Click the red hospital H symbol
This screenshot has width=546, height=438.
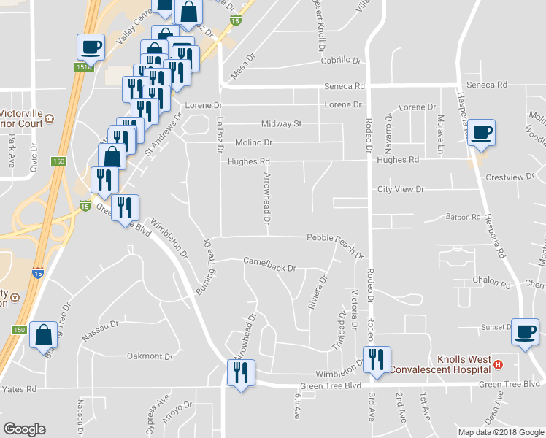click(x=499, y=364)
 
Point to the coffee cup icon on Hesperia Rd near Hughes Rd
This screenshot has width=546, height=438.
click(x=481, y=133)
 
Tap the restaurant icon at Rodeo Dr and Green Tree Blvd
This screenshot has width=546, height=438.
click(x=377, y=360)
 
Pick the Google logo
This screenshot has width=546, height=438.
click(x=25, y=429)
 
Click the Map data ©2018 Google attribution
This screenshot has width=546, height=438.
click(x=500, y=432)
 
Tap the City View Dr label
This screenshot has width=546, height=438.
click(x=401, y=189)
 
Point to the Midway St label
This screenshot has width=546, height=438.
click(x=282, y=124)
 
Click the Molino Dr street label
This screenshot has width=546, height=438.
click(x=253, y=142)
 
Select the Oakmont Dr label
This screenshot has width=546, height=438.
click(x=150, y=356)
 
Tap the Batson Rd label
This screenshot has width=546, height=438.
click(x=463, y=217)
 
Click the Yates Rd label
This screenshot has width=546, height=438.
click(x=20, y=389)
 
